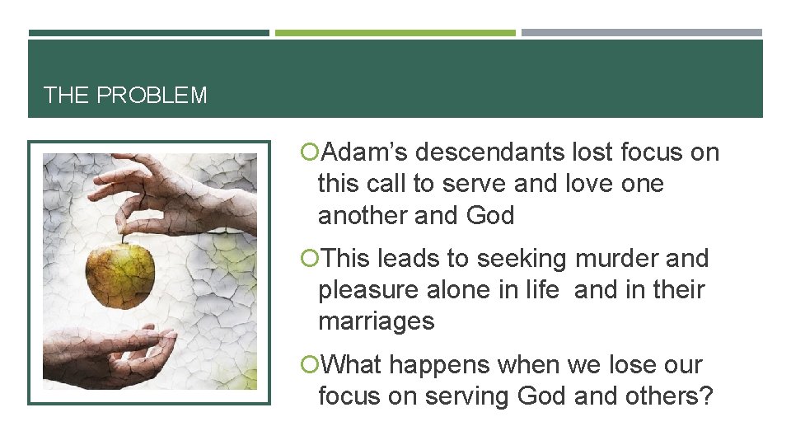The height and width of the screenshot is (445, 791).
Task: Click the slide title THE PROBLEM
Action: click(x=125, y=96)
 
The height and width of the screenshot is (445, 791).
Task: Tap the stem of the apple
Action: click(x=124, y=236)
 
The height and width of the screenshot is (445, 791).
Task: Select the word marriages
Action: click(x=376, y=321)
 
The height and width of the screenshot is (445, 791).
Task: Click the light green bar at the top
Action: click(x=395, y=34)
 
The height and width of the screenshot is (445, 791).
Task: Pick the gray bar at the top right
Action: click(x=641, y=34)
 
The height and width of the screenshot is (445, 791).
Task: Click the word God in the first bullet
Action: click(x=489, y=216)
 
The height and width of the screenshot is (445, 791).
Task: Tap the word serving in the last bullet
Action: click(x=467, y=396)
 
